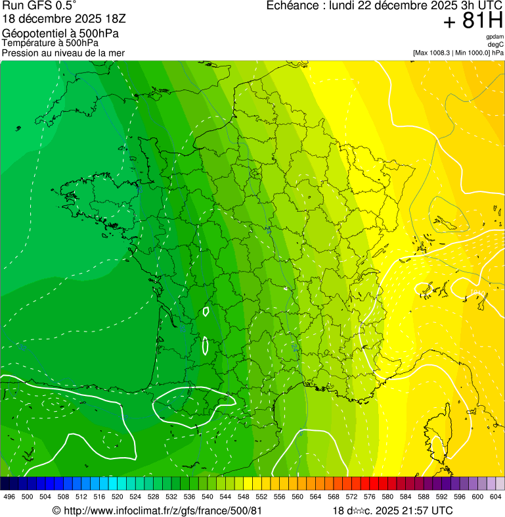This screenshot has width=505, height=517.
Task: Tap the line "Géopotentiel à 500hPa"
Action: click(x=61, y=34)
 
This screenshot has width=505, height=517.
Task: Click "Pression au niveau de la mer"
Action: click(x=63, y=53)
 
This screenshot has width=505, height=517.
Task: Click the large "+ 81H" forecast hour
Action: click(x=473, y=21)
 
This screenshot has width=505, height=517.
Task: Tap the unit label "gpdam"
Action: click(x=494, y=37)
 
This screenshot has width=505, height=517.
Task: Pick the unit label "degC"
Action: click(x=496, y=44)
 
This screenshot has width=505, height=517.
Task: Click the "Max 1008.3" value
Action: click(x=436, y=53)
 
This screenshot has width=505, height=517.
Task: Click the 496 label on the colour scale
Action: click(x=9, y=497)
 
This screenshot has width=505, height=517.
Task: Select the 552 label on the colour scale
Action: click(x=261, y=497)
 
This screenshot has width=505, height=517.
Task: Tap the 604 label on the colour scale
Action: click(x=495, y=497)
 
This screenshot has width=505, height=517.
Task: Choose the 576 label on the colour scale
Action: click(x=369, y=497)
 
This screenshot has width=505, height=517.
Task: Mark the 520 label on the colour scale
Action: click(x=117, y=497)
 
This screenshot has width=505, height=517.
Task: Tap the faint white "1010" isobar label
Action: click(x=478, y=292)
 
